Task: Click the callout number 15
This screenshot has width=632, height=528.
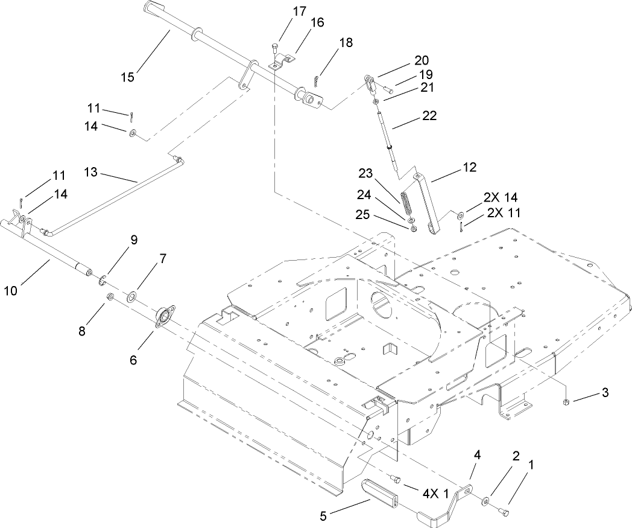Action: pyautogui.click(x=127, y=77)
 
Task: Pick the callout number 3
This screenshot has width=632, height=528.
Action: pyautogui.click(x=604, y=393)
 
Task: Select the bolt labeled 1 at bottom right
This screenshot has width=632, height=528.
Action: pyautogui.click(x=505, y=512)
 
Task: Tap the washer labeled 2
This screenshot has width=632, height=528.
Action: pyautogui.click(x=485, y=501)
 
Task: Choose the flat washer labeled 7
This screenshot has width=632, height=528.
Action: pyautogui.click(x=131, y=296)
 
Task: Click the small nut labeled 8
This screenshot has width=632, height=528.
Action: pyautogui.click(x=110, y=297)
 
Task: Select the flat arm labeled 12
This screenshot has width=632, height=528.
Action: pyautogui.click(x=429, y=202)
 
